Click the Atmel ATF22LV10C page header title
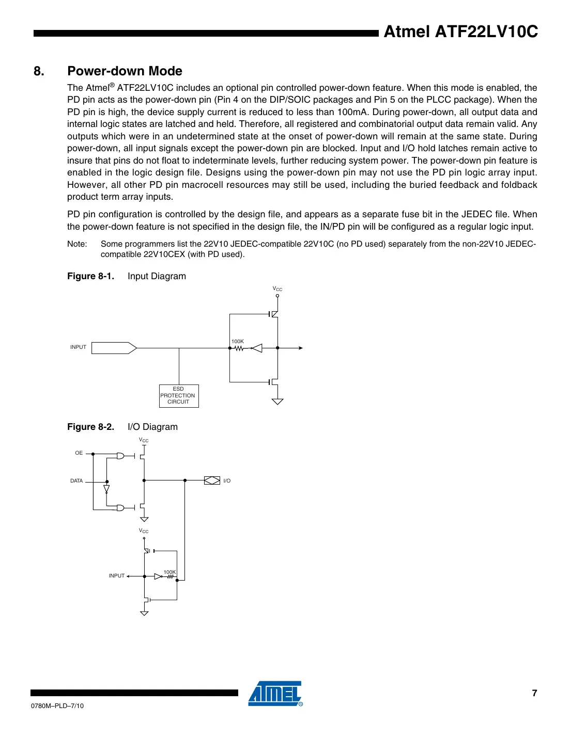[x=460, y=32]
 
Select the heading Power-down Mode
[x=125, y=71]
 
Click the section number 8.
[x=39, y=71]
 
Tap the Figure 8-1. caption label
[x=90, y=276]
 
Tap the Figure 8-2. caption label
[x=90, y=427]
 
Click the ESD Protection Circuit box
[x=178, y=396]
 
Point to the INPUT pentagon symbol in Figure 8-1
[x=114, y=348]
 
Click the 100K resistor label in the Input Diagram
[x=238, y=341]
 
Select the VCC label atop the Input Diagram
[x=277, y=289]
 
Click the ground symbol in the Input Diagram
[x=277, y=402]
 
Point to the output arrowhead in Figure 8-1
[x=300, y=348]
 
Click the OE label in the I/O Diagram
[x=79, y=453]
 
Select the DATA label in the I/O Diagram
[x=76, y=480]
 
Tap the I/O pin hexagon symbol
[x=212, y=480]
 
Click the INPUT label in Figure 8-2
[x=116, y=575]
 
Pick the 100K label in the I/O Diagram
[x=169, y=572]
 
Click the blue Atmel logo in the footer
[x=275, y=694]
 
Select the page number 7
[x=534, y=693]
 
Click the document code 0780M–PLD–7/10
[x=57, y=705]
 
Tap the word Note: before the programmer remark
[x=77, y=244]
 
